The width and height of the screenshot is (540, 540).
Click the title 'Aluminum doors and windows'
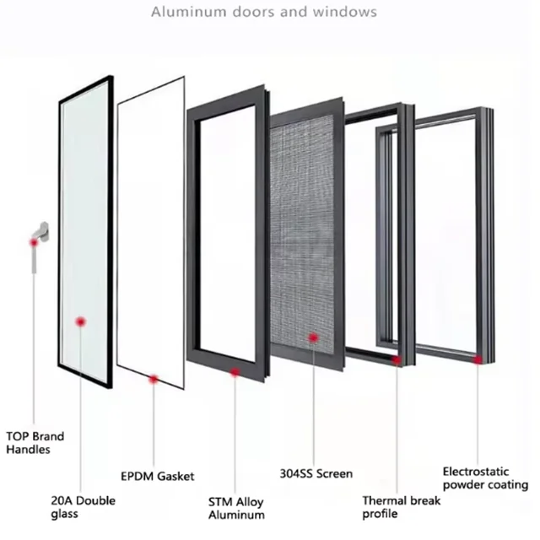click(x=263, y=13)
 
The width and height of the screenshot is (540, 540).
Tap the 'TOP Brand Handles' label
click(x=35, y=443)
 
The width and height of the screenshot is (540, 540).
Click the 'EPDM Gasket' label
click(x=157, y=477)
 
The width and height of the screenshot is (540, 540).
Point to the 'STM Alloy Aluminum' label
click(x=236, y=508)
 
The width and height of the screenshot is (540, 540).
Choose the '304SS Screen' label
click(x=316, y=473)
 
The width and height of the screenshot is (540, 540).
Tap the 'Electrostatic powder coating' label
click(x=485, y=478)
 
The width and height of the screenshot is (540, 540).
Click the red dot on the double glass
click(x=81, y=321)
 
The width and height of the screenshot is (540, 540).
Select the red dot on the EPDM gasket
click(x=154, y=380)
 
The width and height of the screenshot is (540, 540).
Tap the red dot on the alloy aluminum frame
click(x=235, y=371)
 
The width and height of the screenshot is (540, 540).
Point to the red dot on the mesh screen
click(x=313, y=337)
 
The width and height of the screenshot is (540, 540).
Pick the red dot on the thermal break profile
click(x=397, y=359)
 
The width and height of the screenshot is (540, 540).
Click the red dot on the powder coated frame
click(x=478, y=359)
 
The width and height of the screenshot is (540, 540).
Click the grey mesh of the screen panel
click(x=308, y=236)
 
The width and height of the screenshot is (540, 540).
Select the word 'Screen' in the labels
click(x=334, y=473)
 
